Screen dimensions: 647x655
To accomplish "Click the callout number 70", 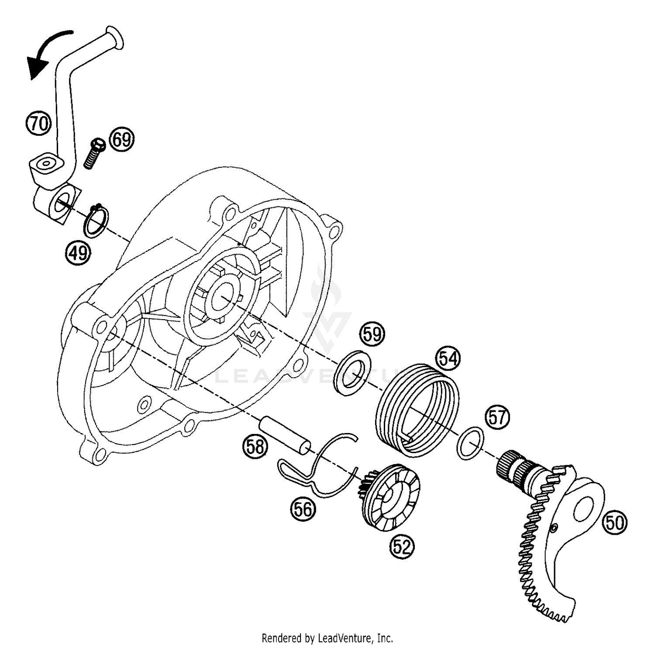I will [x=38, y=124].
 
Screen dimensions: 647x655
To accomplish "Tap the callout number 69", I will [x=121, y=140].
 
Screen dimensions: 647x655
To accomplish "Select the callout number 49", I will [x=79, y=253].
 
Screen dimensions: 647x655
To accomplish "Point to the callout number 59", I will [x=372, y=334].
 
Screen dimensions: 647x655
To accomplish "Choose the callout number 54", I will [x=449, y=358].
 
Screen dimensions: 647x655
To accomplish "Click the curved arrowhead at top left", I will [x=37, y=65].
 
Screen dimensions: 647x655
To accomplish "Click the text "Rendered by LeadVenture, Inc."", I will [x=327, y=638].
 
